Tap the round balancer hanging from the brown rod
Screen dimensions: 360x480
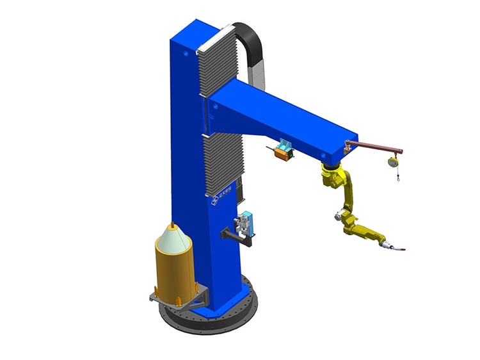pyautogui.click(x=390, y=162)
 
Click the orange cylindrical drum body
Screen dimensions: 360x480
pyautogui.click(x=173, y=269)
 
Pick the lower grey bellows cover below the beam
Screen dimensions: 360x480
pyautogui.click(x=224, y=163)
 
